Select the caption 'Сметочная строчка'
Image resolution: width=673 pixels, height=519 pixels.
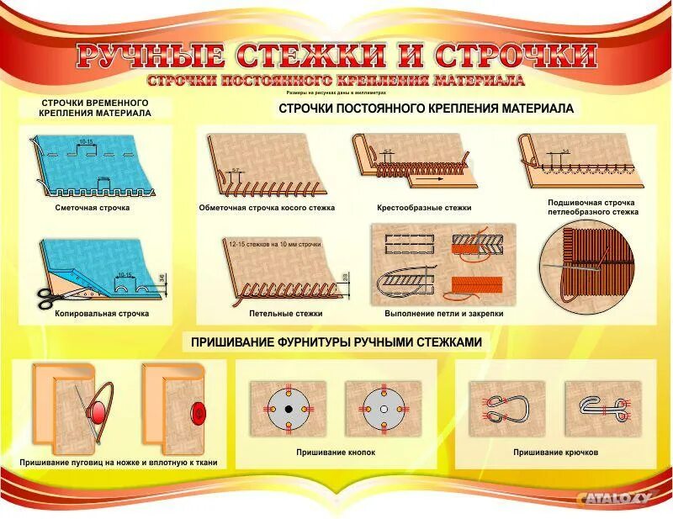[93, 208]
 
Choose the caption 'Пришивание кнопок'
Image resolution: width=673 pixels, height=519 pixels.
[336, 453]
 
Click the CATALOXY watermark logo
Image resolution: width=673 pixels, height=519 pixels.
[615, 498]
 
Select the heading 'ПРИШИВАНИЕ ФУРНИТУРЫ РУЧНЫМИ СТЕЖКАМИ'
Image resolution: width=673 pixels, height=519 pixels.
[336, 342]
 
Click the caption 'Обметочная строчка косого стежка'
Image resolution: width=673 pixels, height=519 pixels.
[267, 208]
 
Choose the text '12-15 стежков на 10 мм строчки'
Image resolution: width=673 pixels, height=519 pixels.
[275, 244]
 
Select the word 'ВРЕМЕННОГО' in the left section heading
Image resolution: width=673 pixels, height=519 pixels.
[128, 102]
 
